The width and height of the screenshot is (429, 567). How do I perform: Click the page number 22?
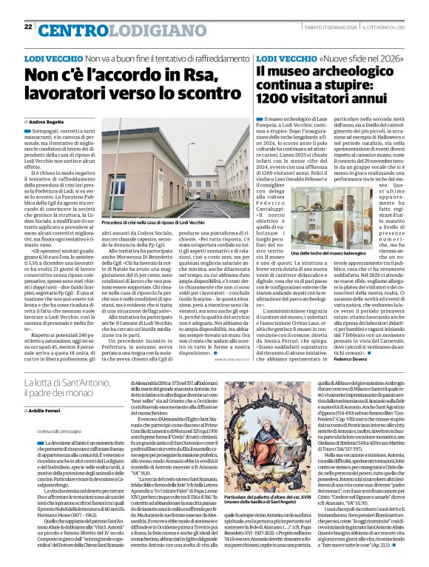[27, 27]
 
